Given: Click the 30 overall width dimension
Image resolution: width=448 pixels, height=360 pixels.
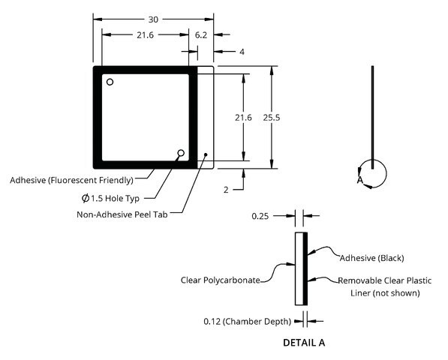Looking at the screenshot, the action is point(153,19).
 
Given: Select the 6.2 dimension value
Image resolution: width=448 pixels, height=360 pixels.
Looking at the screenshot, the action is point(201,35).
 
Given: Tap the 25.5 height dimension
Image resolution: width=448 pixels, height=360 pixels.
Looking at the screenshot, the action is point(272,117).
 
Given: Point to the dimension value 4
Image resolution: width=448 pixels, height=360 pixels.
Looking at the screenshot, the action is point(242,52).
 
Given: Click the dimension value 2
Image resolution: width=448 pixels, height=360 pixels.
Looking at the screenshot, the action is point(226,190).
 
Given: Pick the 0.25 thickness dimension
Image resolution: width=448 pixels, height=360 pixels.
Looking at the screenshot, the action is point(260,216).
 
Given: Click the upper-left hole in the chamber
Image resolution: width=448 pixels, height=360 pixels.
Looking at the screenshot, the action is point(110,82).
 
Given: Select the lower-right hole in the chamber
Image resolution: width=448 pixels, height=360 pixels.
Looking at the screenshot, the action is point(181,153).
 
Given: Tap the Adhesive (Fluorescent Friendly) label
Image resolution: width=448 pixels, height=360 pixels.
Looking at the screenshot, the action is point(71,181).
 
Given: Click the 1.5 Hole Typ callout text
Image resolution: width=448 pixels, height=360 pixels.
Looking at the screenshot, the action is point(115,198).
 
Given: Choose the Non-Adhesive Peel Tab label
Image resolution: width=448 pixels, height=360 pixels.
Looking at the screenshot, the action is point(122,214).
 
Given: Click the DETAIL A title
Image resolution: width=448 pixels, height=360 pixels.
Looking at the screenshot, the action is point(304,343).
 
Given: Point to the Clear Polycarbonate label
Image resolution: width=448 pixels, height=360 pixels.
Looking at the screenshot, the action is point(221,280).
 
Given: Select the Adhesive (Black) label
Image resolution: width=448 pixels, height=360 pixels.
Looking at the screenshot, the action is point(371,258).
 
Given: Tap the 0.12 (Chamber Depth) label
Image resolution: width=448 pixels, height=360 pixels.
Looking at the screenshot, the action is point(247,322).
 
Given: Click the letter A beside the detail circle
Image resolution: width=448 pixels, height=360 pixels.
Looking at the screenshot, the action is point(360,180).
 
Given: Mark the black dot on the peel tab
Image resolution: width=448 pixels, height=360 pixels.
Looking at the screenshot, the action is point(206,154).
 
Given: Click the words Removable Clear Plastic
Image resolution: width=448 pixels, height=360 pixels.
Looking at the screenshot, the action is point(384,280).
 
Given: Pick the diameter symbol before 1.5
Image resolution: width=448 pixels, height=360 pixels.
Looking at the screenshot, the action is point(86,198).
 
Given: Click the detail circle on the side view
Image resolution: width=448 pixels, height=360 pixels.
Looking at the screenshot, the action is point(386,173).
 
